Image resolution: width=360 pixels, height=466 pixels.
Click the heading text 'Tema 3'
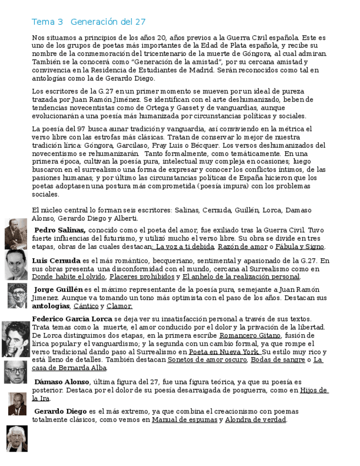click(47, 22)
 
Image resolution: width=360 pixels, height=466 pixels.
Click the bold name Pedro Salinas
click(60, 230)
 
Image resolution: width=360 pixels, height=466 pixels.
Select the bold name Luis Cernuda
click(56, 260)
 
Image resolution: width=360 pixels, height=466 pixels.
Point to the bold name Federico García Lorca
click(72, 319)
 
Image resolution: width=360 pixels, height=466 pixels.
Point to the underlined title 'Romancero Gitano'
click(250, 335)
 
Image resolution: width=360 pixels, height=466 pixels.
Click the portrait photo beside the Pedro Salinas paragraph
click(15, 234)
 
